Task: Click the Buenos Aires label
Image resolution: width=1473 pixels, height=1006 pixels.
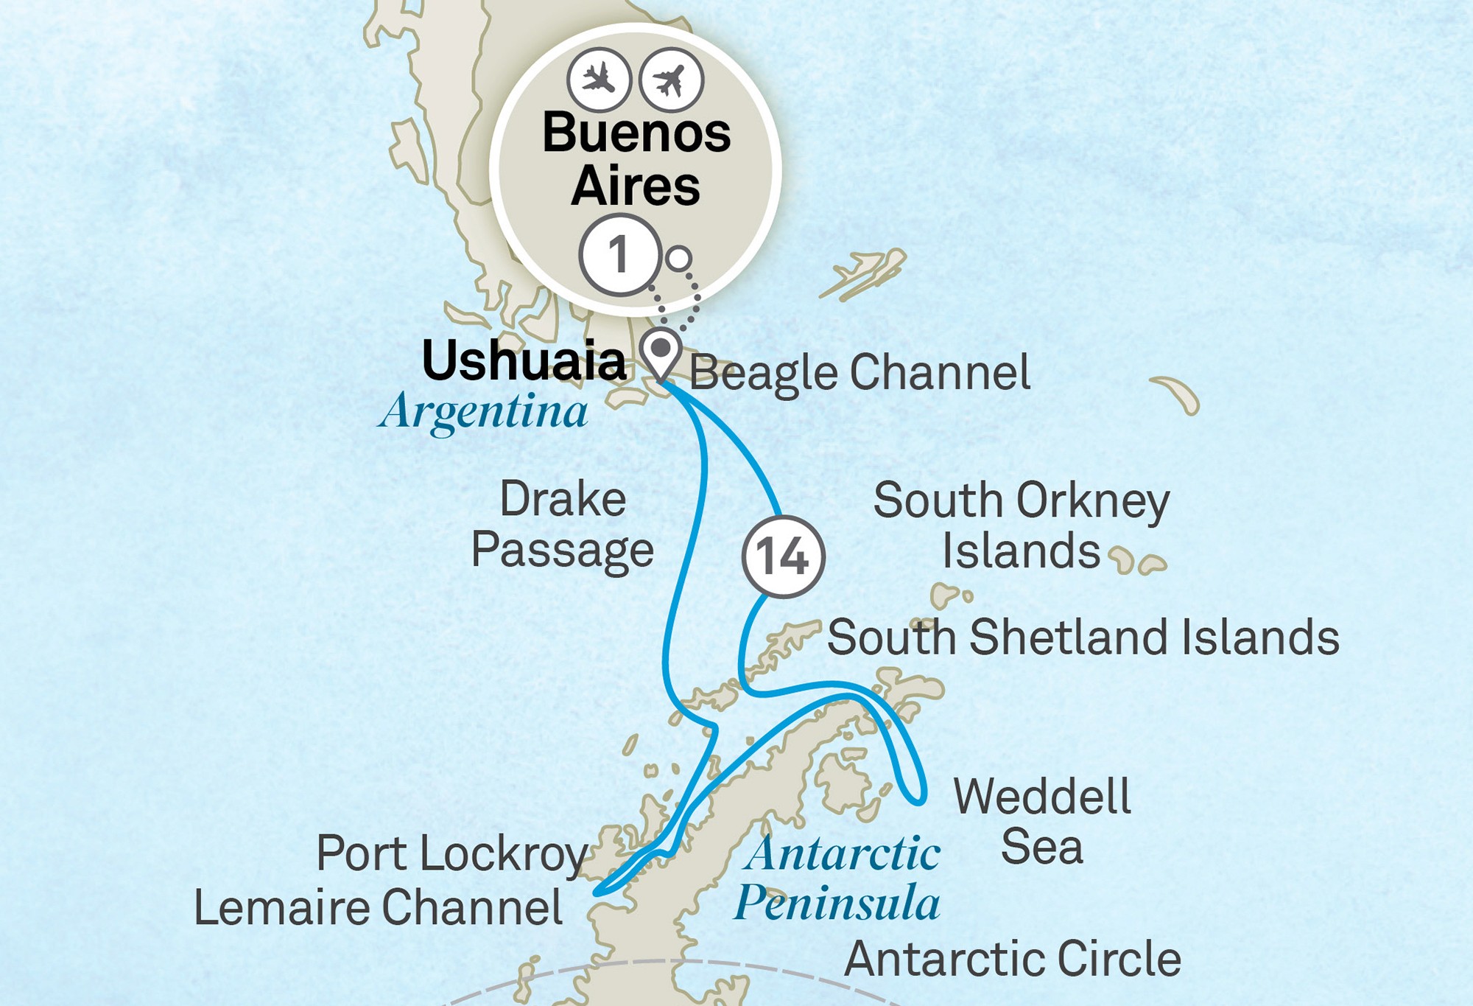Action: tap(636, 159)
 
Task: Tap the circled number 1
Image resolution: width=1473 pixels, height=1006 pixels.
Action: tap(619, 255)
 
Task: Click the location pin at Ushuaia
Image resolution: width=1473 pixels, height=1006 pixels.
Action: tap(661, 352)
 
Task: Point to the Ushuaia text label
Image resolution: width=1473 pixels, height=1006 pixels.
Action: tap(524, 361)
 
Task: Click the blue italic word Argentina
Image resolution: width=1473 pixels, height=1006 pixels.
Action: tap(484, 411)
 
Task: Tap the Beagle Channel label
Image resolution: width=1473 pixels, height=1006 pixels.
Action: tap(859, 373)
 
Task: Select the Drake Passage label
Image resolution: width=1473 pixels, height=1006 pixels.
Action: tap(563, 524)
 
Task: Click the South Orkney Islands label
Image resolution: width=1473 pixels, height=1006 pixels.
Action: tap(1021, 525)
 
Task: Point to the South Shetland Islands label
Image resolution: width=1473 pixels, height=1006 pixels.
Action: tap(1083, 637)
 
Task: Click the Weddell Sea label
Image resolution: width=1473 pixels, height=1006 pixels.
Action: tap(1041, 821)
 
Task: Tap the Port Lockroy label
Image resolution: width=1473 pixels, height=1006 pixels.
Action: tap(451, 853)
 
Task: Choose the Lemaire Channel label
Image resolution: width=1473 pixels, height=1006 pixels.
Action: tap(379, 907)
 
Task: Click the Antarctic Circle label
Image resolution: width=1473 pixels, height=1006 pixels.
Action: tap(1013, 959)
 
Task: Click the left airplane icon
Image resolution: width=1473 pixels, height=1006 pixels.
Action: tap(599, 79)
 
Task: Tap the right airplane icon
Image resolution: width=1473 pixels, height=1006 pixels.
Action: tap(671, 79)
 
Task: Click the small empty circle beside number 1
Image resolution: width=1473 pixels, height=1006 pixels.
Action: tap(678, 259)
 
